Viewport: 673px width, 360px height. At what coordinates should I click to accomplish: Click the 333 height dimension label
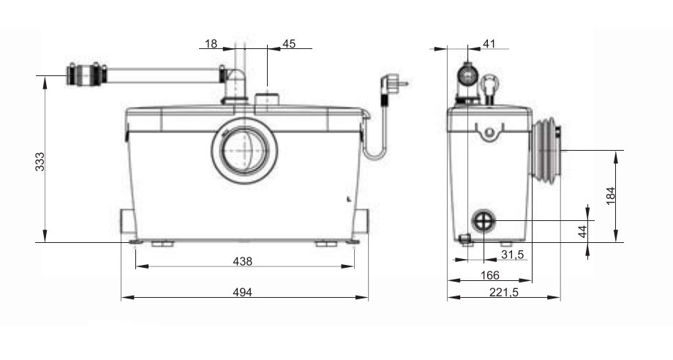coord(40,162)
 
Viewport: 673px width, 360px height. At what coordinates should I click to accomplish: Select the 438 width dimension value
coord(243,261)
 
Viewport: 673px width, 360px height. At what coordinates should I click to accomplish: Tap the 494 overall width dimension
coord(243,292)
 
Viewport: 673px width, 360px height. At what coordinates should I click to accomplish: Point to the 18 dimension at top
coord(211,44)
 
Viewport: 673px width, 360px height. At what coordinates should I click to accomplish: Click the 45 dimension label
coord(289,44)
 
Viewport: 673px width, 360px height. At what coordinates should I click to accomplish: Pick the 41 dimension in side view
coord(489,44)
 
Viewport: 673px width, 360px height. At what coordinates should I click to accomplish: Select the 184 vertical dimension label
coord(611,195)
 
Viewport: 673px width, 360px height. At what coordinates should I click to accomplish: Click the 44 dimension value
coord(582,232)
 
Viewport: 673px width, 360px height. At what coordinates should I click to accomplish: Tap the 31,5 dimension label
coord(513,255)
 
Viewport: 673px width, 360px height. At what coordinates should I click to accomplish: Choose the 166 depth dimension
coord(490,275)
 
